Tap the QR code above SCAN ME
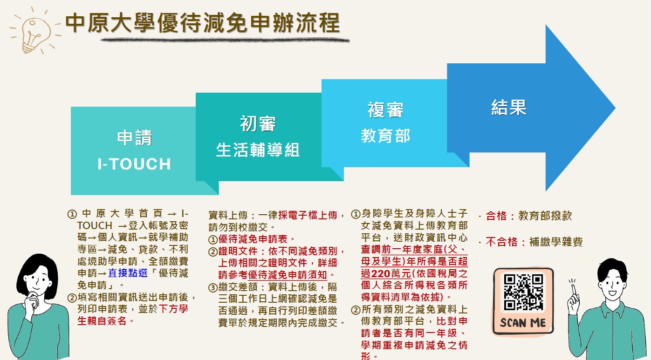click(x=523, y=292)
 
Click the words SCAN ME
click(x=523, y=323)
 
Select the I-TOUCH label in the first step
click(x=134, y=164)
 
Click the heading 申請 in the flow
click(x=134, y=138)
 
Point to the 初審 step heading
click(x=258, y=123)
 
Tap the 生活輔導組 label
click(x=258, y=150)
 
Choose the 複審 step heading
click(x=385, y=110)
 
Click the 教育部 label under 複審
click(x=385, y=136)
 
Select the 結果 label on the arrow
click(x=509, y=108)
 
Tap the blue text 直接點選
click(x=128, y=273)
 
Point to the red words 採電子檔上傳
click(x=308, y=215)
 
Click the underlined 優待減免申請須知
click(x=288, y=275)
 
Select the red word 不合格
click(x=501, y=242)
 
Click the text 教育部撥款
click(x=545, y=216)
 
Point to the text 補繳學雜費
click(x=556, y=242)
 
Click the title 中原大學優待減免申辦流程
click(x=203, y=23)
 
